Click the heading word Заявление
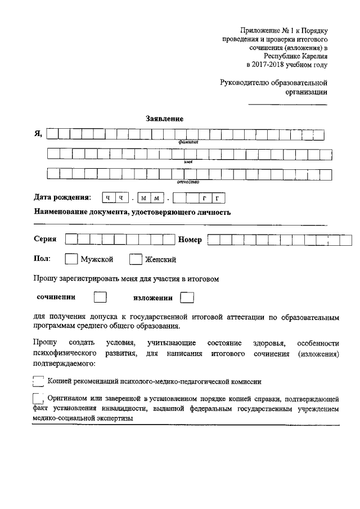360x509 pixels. tap(165, 119)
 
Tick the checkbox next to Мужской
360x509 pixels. tap(71, 259)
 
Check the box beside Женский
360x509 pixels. tap(136, 259)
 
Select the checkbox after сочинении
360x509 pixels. tap(100, 296)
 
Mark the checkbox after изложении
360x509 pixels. tap(187, 296)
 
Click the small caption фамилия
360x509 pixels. tap(189, 142)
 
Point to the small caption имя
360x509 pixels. tap(188, 162)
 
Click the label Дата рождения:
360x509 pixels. tap(62, 197)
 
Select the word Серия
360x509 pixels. tap(45, 239)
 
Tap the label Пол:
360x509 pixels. tap(42, 259)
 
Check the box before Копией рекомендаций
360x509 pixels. tap(38, 381)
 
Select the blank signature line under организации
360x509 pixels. tap(287, 104)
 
